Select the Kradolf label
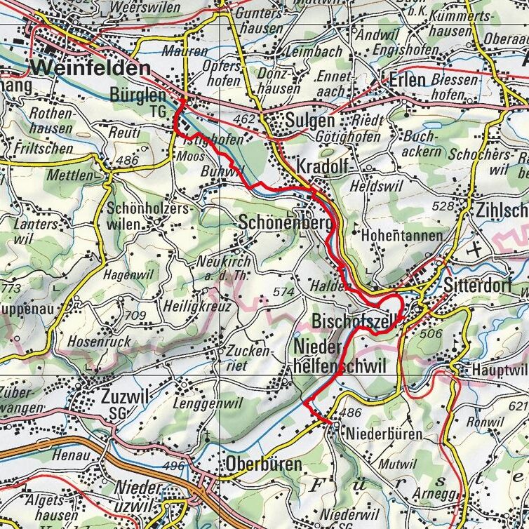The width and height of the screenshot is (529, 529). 323,167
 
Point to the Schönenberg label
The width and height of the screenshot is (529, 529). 284,222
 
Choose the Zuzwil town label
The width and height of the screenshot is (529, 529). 126,397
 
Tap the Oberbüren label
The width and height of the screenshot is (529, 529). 263,464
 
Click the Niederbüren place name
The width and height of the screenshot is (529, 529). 384,434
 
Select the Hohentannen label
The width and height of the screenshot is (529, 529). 401,236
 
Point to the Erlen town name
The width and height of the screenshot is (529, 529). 408,79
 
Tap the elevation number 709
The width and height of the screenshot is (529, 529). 135,315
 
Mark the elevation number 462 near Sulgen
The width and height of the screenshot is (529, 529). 245,120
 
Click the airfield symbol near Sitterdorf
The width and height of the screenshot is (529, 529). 478,249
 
